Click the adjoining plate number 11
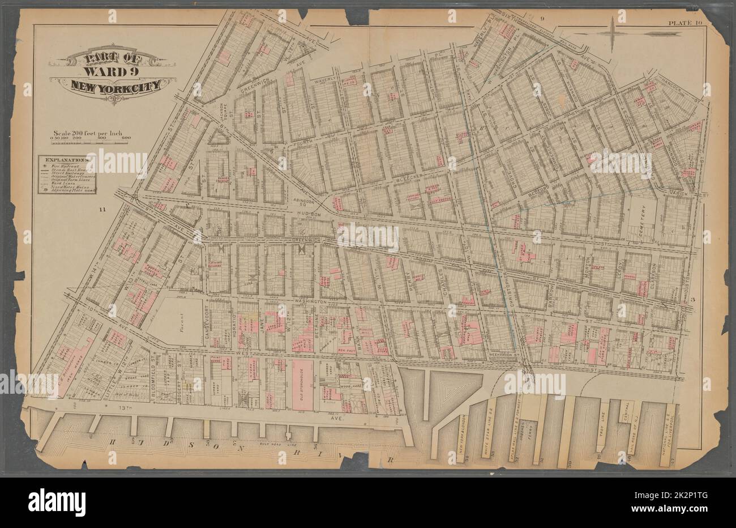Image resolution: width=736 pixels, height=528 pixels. pyautogui.click(x=102, y=210)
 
